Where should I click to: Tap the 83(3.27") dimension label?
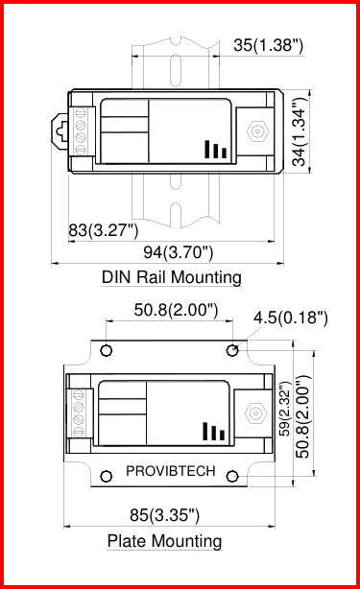coord(104,230)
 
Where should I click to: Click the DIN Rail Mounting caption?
coord(171,277)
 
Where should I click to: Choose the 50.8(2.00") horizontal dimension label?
coord(176,310)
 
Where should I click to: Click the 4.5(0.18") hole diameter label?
coord(291,318)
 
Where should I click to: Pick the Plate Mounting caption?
coord(164,541)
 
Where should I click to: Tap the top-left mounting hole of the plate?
coord(107,349)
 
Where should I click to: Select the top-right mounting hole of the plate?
coord(231,349)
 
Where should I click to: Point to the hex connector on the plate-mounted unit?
coord(255,412)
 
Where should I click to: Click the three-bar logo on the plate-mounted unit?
coord(214,431)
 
